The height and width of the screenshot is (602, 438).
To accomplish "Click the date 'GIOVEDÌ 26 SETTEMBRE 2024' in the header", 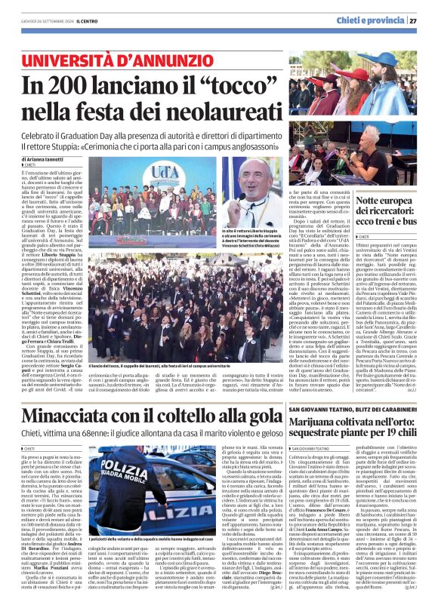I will (x=41, y=20).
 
